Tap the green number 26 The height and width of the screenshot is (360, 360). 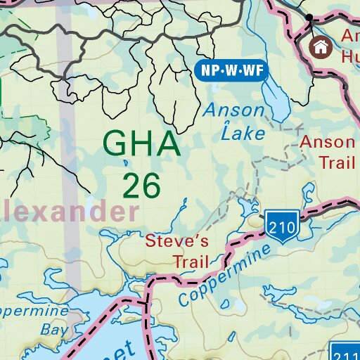coord(141,185)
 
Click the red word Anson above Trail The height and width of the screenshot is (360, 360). coord(327,142)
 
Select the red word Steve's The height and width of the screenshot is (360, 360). coord(177,241)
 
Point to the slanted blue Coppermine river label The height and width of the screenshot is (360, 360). coord(224,274)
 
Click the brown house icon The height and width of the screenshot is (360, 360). coord(321,47)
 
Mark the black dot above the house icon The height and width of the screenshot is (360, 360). coord(309,16)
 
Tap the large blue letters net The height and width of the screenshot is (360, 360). coord(112,348)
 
